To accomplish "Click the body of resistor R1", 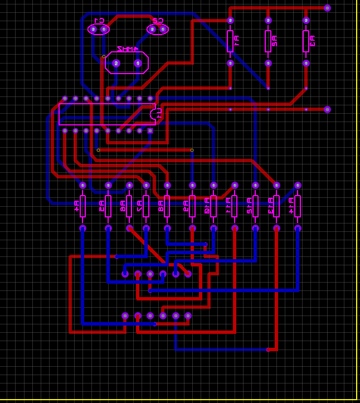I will pyautogui.click(x=230, y=41).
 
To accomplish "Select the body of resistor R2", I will pyautogui.click(x=268, y=41).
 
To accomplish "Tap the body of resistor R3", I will pyautogui.click(x=306, y=41).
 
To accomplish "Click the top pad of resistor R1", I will pyautogui.click(x=230, y=20).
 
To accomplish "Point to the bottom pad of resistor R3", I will pyautogui.click(x=306, y=63).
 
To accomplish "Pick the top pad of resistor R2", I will pyautogui.click(x=268, y=20).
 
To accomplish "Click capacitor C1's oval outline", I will pyautogui.click(x=99, y=29).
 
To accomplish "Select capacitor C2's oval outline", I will pyautogui.click(x=158, y=29).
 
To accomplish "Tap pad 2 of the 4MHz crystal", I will pyautogui.click(x=116, y=63).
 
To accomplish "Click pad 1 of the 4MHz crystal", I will pyautogui.click(x=138, y=63).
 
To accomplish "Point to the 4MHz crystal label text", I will pyautogui.click(x=127, y=50).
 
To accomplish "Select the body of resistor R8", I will pyautogui.click(x=167, y=206).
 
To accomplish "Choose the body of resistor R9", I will pyautogui.click(x=192, y=206).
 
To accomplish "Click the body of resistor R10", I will pyautogui.click(x=213, y=206).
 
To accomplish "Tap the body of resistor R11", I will pyautogui.click(x=235, y=206).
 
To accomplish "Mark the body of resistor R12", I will pyautogui.click(x=255, y=206).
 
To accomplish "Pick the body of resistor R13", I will pyautogui.click(x=276, y=206).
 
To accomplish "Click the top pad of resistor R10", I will pyautogui.click(x=213, y=185).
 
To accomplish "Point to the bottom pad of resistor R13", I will pyautogui.click(x=276, y=228).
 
